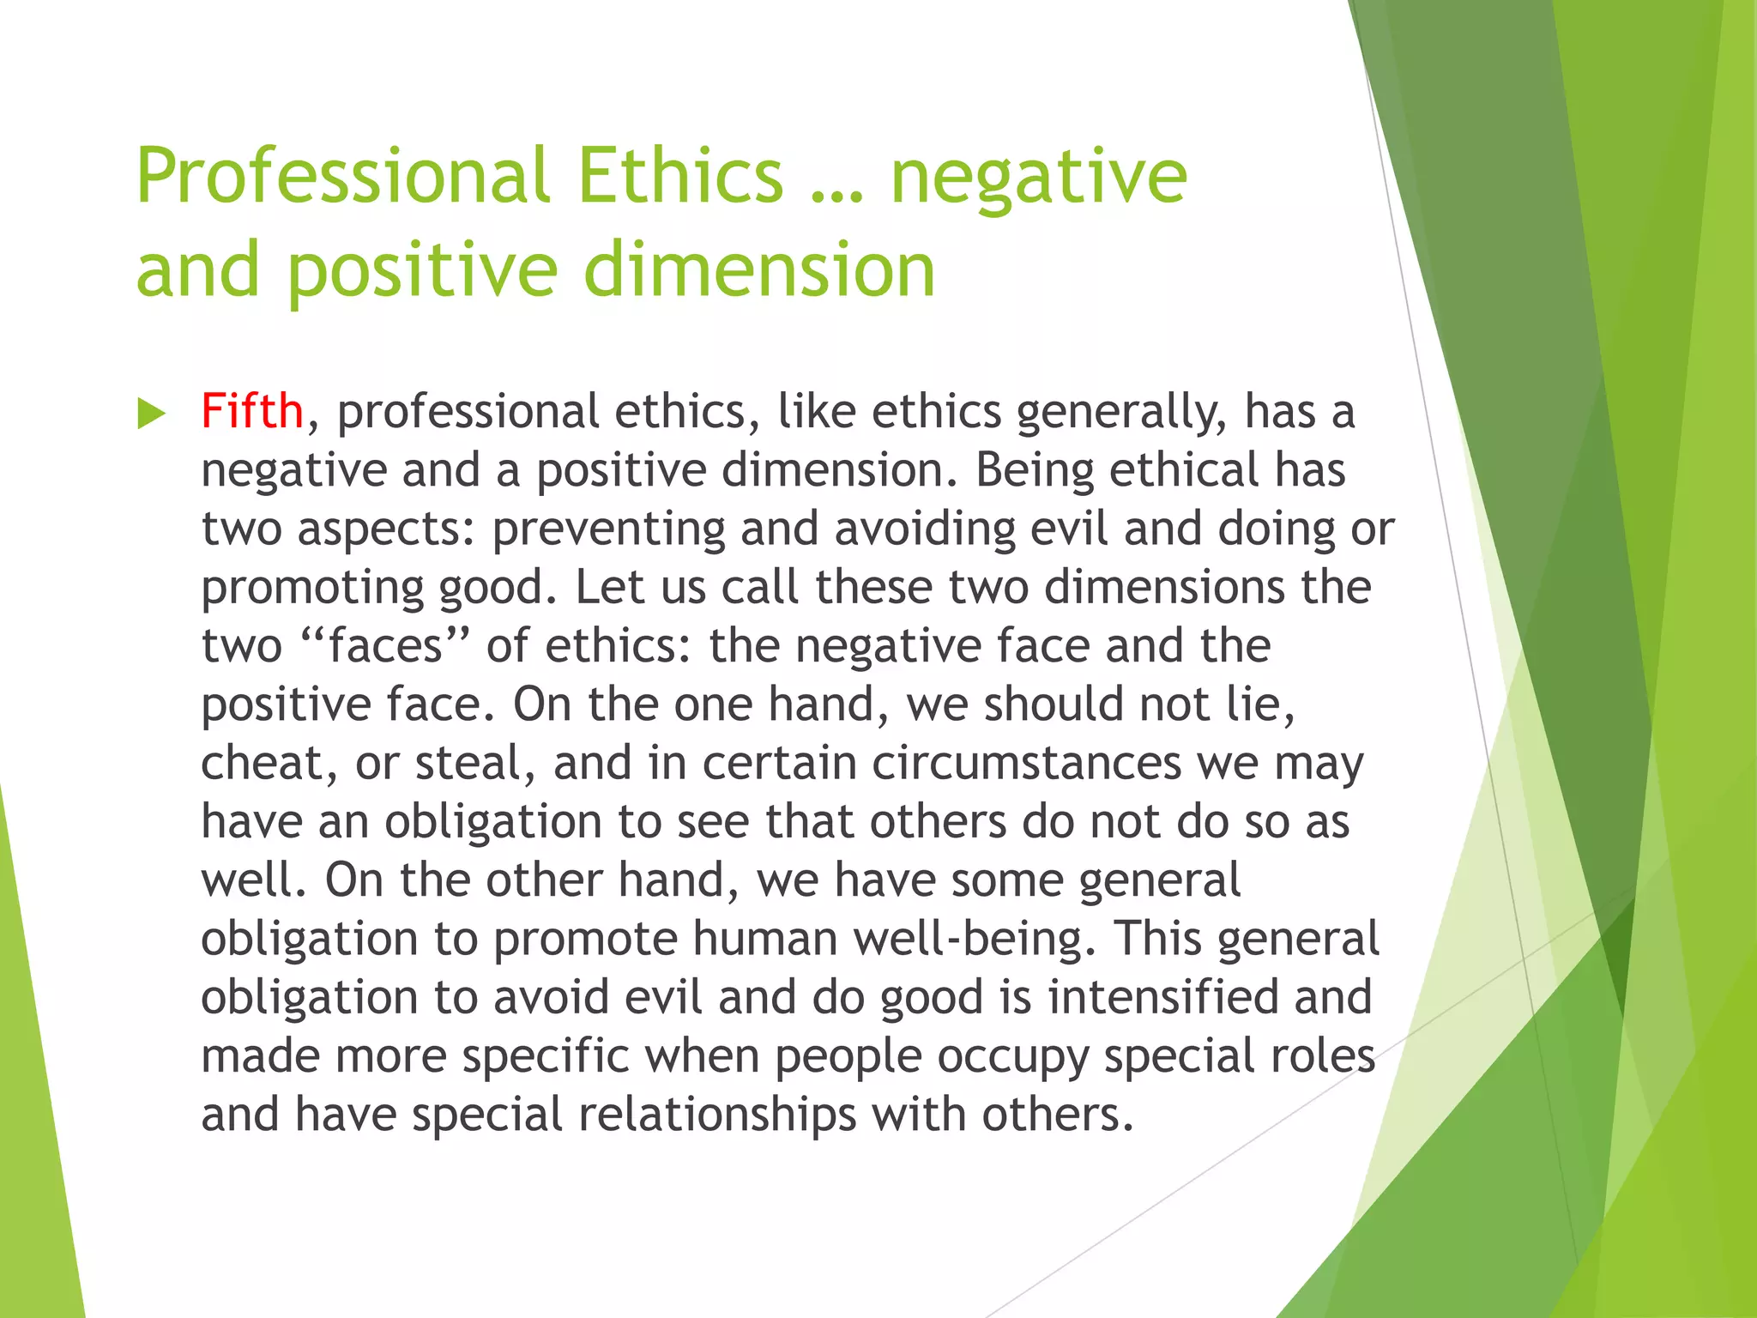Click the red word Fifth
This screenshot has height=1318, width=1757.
pyautogui.click(x=251, y=411)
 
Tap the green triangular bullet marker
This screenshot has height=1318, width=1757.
pyautogui.click(x=151, y=414)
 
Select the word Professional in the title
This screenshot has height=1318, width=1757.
pyautogui.click(x=342, y=176)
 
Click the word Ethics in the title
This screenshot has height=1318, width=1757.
pyautogui.click(x=680, y=176)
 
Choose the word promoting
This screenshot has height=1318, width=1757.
pyautogui.click(x=312, y=588)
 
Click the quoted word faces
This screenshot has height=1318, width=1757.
pyautogui.click(x=385, y=645)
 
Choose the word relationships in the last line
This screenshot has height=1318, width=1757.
pyautogui.click(x=717, y=1115)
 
